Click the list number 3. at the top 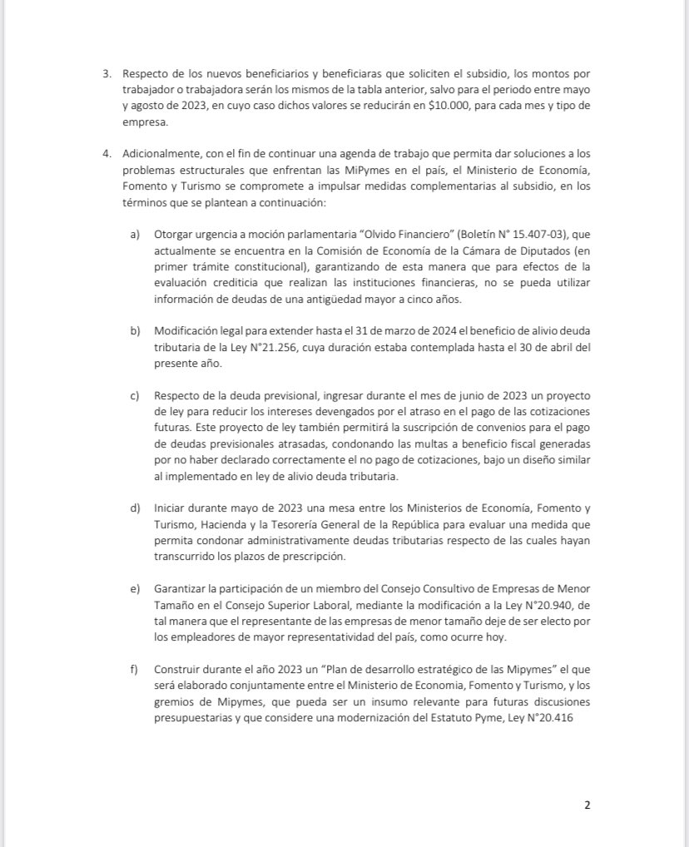tap(107, 74)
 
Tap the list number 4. tap(107, 154)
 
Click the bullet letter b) tap(135, 330)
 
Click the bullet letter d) tap(135, 507)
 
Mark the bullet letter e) tap(135, 589)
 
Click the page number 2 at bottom tap(587, 805)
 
